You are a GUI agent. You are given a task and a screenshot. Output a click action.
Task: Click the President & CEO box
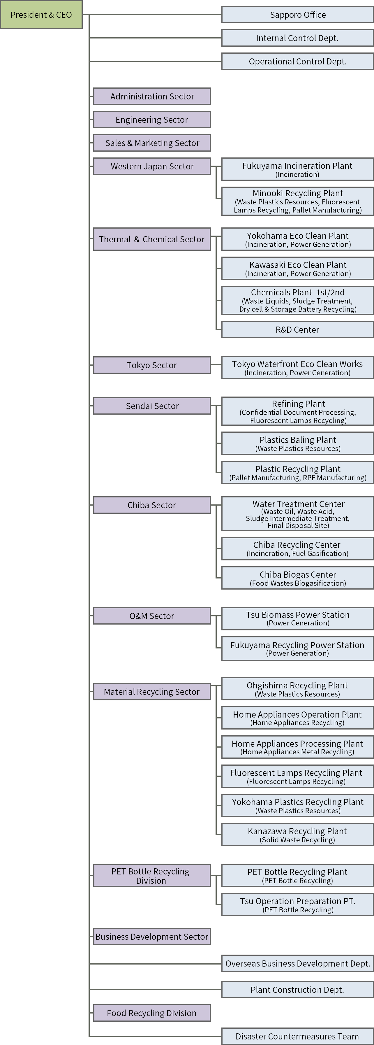[x=41, y=15]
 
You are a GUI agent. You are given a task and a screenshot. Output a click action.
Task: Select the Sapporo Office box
[x=297, y=15]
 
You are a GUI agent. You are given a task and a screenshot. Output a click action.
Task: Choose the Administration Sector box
[x=152, y=97]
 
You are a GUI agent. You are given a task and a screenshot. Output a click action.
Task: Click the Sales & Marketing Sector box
[x=152, y=143]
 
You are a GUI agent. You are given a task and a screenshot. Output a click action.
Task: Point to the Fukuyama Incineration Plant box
[x=297, y=169]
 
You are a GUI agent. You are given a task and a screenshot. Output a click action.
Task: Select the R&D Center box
[x=297, y=329]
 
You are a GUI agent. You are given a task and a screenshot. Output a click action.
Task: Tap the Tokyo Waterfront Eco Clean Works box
[x=297, y=368]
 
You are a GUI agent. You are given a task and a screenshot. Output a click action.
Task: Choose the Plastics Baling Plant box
[x=297, y=443]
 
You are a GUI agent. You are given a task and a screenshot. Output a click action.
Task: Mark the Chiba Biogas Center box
[x=297, y=578]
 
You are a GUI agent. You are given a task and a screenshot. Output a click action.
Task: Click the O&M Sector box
[x=152, y=616]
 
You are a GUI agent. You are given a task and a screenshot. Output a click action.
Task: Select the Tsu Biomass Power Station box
[x=297, y=618]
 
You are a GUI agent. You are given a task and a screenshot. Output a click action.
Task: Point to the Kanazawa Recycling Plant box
[x=297, y=834]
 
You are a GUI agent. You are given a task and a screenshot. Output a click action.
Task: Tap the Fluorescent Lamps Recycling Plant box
[x=297, y=776]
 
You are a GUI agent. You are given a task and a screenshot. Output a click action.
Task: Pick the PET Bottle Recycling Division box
[x=152, y=875]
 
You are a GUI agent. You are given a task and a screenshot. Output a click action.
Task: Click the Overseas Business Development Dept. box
[x=297, y=963]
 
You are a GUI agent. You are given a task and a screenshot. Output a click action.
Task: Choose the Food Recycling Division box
[x=152, y=1013]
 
